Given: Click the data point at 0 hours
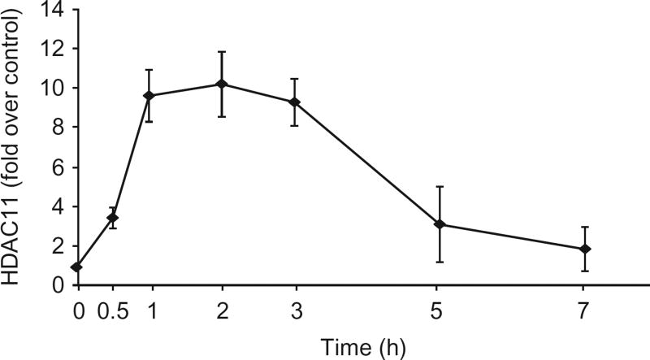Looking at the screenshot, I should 76,267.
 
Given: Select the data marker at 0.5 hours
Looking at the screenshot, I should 113,218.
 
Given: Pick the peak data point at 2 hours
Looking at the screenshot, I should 221,84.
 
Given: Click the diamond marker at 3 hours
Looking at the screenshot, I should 294,102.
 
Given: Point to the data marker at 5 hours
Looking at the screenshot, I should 440,224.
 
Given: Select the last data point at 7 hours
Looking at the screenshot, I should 585,249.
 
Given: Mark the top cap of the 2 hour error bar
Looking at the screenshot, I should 221,52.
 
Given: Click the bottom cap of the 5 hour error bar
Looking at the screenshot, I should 440,262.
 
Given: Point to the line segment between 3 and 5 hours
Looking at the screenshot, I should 366,163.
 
